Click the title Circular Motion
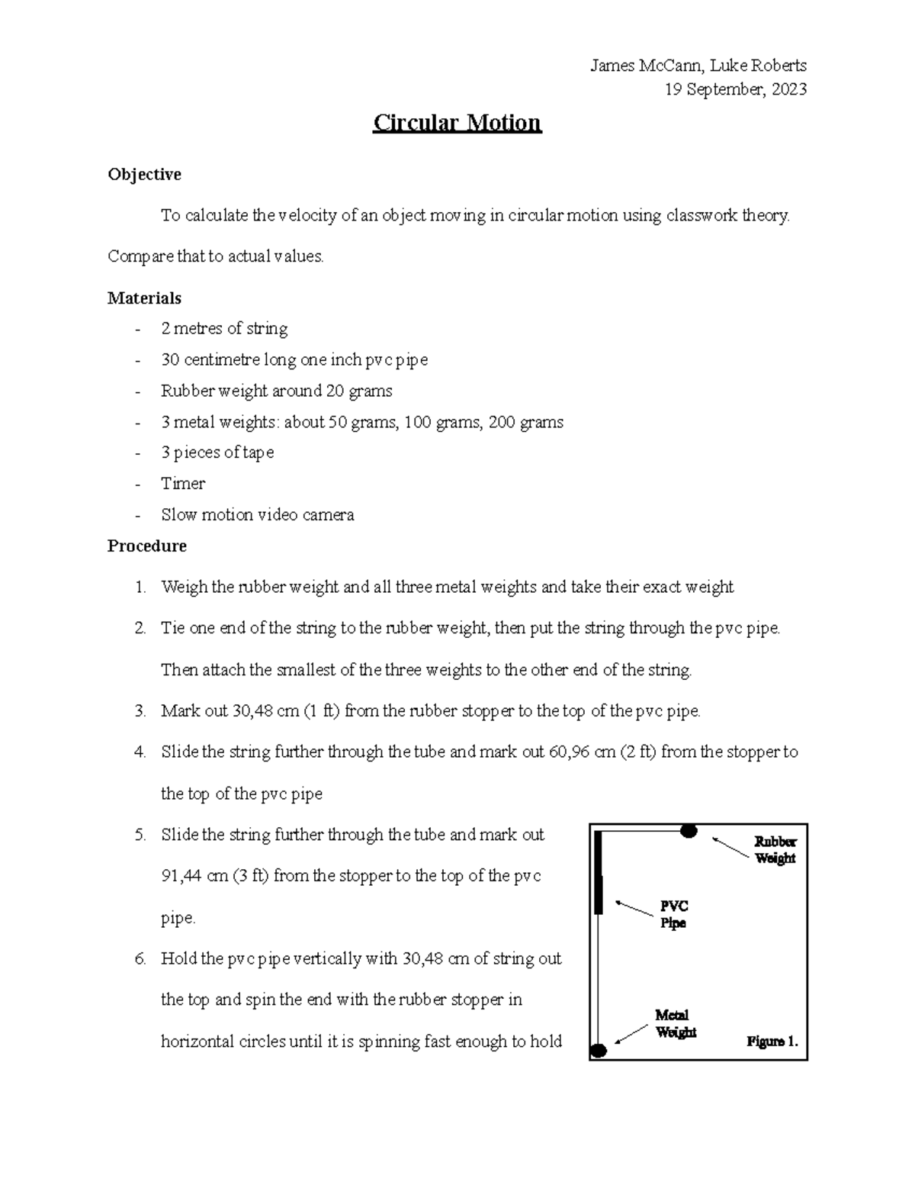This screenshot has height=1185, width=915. (x=457, y=123)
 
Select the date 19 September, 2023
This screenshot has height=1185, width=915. (x=735, y=89)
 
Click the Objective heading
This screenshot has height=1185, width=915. (x=144, y=175)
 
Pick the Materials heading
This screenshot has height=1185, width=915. (x=144, y=298)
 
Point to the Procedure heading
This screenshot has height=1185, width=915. (x=146, y=546)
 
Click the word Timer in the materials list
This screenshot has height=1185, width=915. (x=183, y=484)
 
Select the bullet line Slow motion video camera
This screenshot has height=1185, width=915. (x=257, y=515)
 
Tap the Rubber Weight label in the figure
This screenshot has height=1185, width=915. (x=775, y=850)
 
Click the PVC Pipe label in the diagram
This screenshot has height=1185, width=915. (x=673, y=914)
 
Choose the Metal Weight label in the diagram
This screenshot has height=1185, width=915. (x=675, y=1023)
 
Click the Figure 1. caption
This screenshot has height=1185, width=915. (x=772, y=1042)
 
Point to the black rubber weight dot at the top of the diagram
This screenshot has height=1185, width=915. (x=689, y=831)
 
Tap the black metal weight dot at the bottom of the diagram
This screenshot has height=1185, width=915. (x=599, y=1051)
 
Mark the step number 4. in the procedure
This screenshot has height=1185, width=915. (x=140, y=752)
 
